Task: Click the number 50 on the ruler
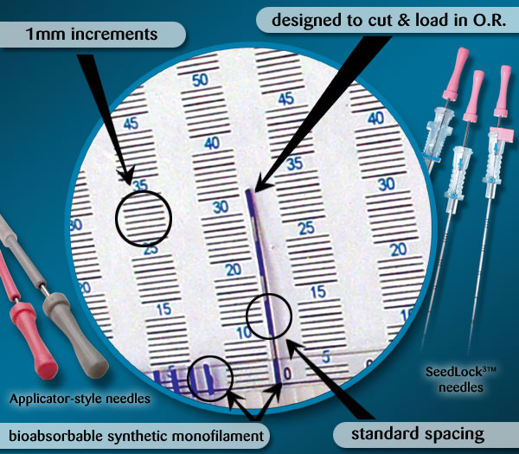click(201, 80)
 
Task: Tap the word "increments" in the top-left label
click(114, 35)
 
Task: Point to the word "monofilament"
click(218, 436)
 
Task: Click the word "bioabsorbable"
click(56, 436)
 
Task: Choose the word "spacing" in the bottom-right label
click(456, 434)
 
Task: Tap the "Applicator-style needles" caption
click(80, 399)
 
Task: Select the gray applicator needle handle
click(74, 334)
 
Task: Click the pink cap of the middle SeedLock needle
click(474, 95)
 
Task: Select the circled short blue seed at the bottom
click(208, 379)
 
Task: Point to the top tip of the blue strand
click(247, 190)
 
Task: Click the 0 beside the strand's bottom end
click(288, 374)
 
